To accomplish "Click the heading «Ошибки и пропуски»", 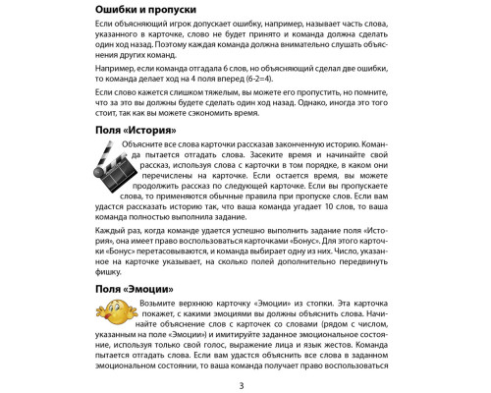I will tap(159, 10).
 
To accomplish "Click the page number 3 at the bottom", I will tap(245, 384).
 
